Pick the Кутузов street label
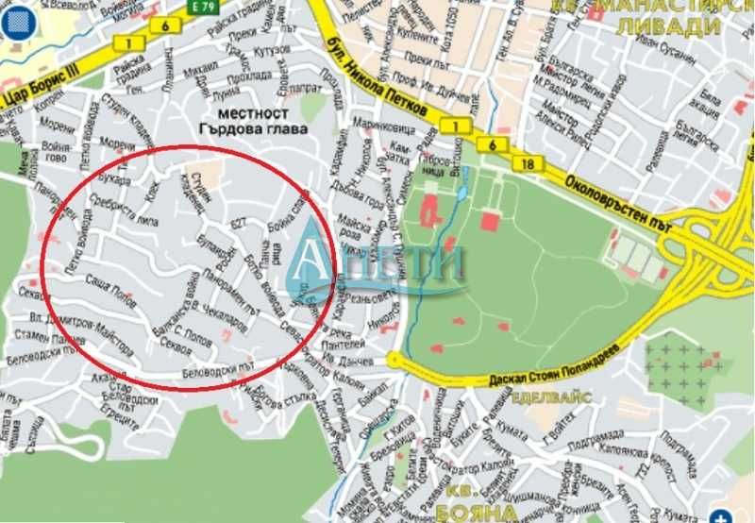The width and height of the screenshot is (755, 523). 273,49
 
